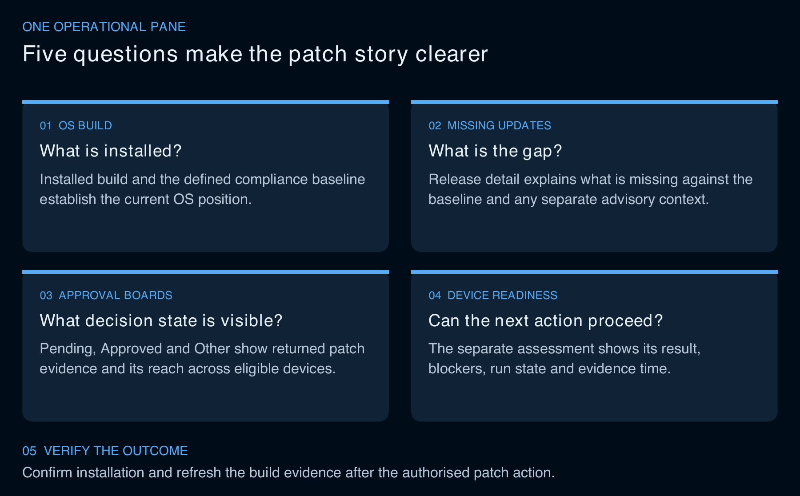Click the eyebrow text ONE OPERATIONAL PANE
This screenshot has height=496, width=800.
(x=104, y=27)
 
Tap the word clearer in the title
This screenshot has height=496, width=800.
(x=452, y=54)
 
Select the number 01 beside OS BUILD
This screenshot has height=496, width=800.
(x=46, y=126)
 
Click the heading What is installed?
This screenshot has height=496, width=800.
(x=111, y=151)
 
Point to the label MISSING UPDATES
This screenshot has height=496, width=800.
(x=499, y=126)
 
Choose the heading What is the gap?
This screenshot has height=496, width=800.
(x=495, y=151)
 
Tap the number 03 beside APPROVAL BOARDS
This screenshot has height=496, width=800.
(x=46, y=296)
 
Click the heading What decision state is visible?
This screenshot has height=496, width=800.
(x=161, y=320)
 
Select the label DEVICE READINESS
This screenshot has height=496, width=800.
(x=502, y=296)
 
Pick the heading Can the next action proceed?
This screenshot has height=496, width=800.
(x=546, y=320)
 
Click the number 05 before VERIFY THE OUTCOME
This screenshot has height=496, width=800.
(x=29, y=451)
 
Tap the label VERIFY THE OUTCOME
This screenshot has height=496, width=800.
(x=116, y=451)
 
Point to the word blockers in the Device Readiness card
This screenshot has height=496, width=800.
(x=457, y=369)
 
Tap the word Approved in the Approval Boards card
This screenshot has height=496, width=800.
(x=132, y=349)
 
